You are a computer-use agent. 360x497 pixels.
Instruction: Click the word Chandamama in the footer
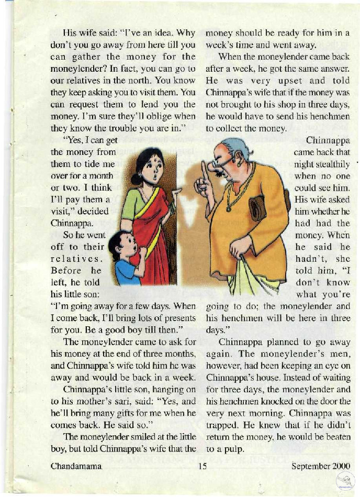coord(76,465)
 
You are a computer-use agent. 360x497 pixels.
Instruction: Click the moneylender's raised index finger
coord(205,170)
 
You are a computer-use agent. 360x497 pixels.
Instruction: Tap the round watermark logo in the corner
coord(345,480)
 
